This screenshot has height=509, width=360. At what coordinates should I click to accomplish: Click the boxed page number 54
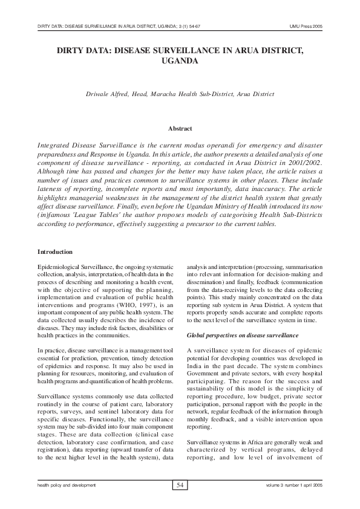click(180, 485)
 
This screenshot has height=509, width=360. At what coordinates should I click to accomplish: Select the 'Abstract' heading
click(180, 128)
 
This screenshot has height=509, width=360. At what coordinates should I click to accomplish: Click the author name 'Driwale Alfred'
click(108, 94)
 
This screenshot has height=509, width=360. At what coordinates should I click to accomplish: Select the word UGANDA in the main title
click(180, 61)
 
